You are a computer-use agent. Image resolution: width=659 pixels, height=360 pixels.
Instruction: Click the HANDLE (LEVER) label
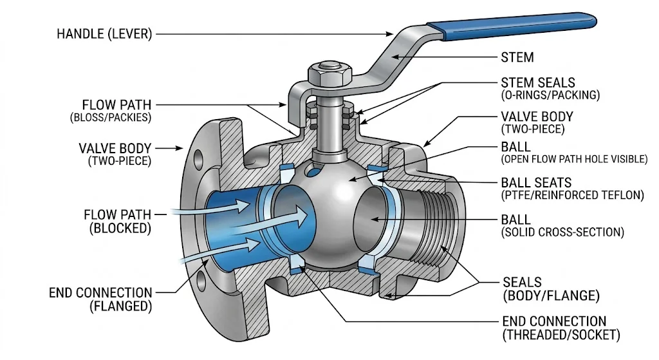click(104, 33)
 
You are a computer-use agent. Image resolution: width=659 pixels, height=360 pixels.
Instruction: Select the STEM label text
click(517, 57)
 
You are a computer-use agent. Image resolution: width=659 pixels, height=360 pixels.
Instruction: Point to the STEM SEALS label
click(537, 82)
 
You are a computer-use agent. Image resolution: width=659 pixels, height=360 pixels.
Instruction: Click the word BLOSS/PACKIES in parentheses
click(111, 117)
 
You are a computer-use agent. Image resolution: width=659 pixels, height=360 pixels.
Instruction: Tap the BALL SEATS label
click(536, 182)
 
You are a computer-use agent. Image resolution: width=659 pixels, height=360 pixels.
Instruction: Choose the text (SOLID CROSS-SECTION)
click(562, 232)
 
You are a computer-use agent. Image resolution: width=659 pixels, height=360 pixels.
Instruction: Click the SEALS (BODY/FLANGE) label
click(551, 289)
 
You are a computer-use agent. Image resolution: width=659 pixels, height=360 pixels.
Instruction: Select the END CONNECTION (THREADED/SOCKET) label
click(561, 328)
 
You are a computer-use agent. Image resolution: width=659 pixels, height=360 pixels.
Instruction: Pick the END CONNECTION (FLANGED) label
click(100, 299)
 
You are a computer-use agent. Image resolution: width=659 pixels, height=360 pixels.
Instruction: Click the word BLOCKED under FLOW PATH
click(120, 229)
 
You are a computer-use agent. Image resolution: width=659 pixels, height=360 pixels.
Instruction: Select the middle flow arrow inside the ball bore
click(270, 220)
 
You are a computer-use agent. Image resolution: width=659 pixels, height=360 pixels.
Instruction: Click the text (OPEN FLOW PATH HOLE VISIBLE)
click(574, 159)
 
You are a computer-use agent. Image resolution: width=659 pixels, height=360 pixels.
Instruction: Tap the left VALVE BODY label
click(115, 155)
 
